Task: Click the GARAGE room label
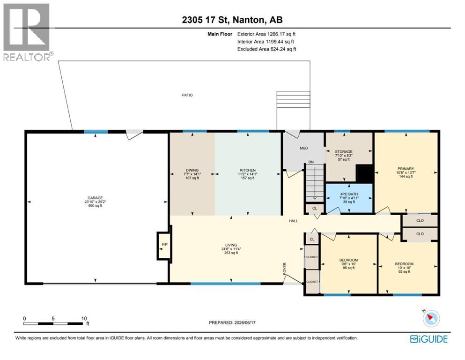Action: (x=95, y=198)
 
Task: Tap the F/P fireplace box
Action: (x=164, y=245)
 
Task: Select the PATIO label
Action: (x=187, y=95)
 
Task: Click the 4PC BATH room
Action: (x=349, y=198)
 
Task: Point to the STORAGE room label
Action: (x=344, y=151)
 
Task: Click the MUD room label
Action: (x=303, y=148)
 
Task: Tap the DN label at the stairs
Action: (x=311, y=162)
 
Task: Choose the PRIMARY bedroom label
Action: (x=406, y=169)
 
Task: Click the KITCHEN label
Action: (x=248, y=170)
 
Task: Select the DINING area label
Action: (x=192, y=170)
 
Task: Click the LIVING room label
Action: (x=231, y=245)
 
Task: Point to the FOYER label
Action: (x=285, y=268)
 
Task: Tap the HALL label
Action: (x=293, y=221)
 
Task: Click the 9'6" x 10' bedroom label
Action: (x=348, y=264)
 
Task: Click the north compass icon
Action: (x=431, y=318)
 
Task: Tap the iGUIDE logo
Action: (x=429, y=339)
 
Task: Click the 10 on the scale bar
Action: (x=84, y=318)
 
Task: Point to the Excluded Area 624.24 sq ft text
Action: (x=266, y=49)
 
